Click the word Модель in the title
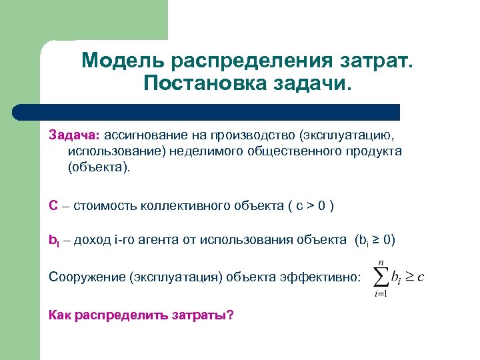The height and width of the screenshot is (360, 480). pos(123,61)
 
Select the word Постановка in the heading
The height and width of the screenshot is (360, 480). pos(204,85)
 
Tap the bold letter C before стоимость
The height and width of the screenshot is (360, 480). pos(53,205)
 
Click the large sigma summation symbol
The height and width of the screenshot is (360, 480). pos(379,276)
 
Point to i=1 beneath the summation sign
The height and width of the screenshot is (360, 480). pos(381,294)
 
